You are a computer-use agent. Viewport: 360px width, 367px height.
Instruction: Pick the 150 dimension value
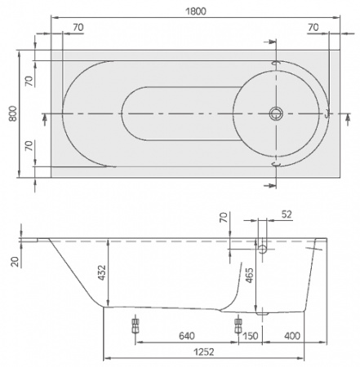251,335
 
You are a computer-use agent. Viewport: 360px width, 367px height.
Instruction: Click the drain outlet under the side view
262,310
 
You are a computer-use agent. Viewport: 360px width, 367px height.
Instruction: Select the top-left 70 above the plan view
78,27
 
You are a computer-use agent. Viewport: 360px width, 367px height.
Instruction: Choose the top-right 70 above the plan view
313,27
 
